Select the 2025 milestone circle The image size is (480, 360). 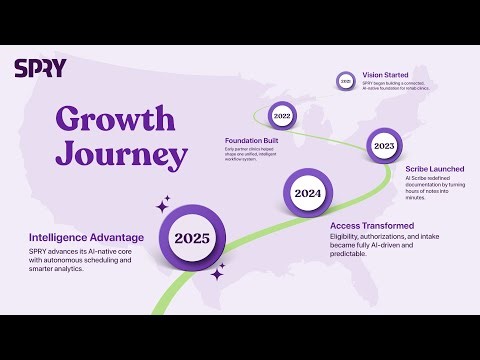click(x=191, y=238)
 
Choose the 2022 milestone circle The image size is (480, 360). click(x=282, y=117)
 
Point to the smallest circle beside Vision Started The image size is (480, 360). click(x=345, y=80)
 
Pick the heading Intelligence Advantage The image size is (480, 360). click(x=87, y=237)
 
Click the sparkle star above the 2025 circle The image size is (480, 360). click(x=163, y=207)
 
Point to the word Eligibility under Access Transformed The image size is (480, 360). click(x=349, y=239)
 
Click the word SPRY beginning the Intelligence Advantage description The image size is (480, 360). click(x=41, y=250)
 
